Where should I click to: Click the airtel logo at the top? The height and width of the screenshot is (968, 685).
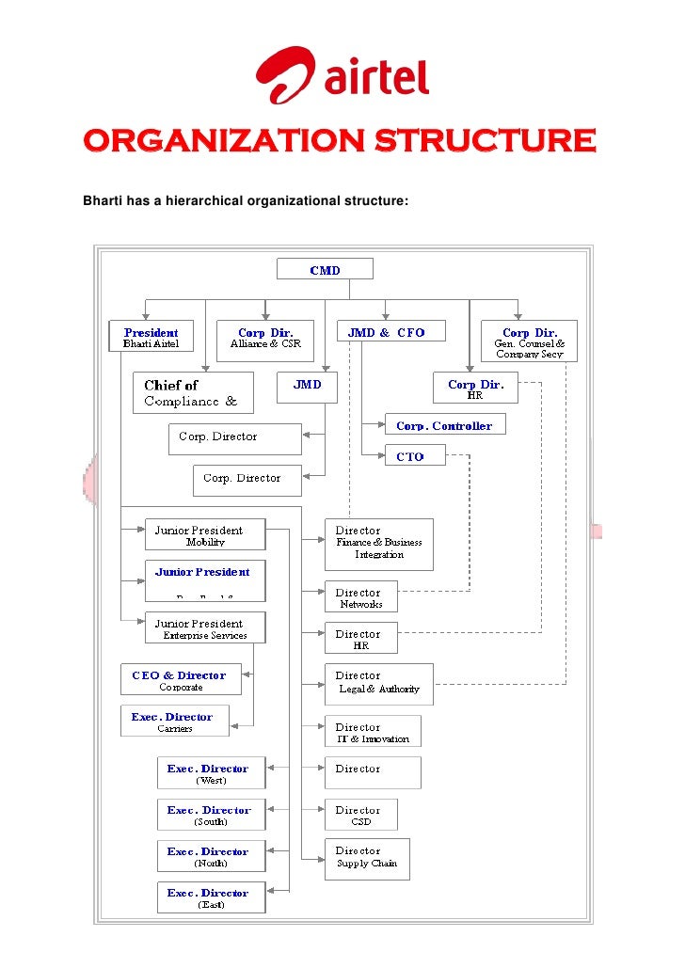point(342,75)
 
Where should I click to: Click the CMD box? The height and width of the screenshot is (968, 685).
point(325,270)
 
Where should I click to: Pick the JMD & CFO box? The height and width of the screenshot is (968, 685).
point(387,333)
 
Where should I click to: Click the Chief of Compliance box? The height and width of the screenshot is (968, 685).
point(193,392)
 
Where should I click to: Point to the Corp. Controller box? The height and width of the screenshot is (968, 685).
point(444,425)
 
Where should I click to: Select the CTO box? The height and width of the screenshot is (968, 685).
point(409,456)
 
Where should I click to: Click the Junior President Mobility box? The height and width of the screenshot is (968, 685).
point(205,536)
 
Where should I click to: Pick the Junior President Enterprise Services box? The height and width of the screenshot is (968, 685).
point(205,628)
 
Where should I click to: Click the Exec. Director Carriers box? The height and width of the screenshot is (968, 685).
point(174,722)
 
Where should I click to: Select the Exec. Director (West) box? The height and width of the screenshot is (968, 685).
point(211,773)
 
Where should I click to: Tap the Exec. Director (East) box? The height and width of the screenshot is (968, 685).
point(211,897)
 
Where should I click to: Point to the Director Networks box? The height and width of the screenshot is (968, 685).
point(360,597)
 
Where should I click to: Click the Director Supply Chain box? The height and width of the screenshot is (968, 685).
point(367,858)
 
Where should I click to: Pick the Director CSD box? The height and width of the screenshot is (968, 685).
point(360,815)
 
